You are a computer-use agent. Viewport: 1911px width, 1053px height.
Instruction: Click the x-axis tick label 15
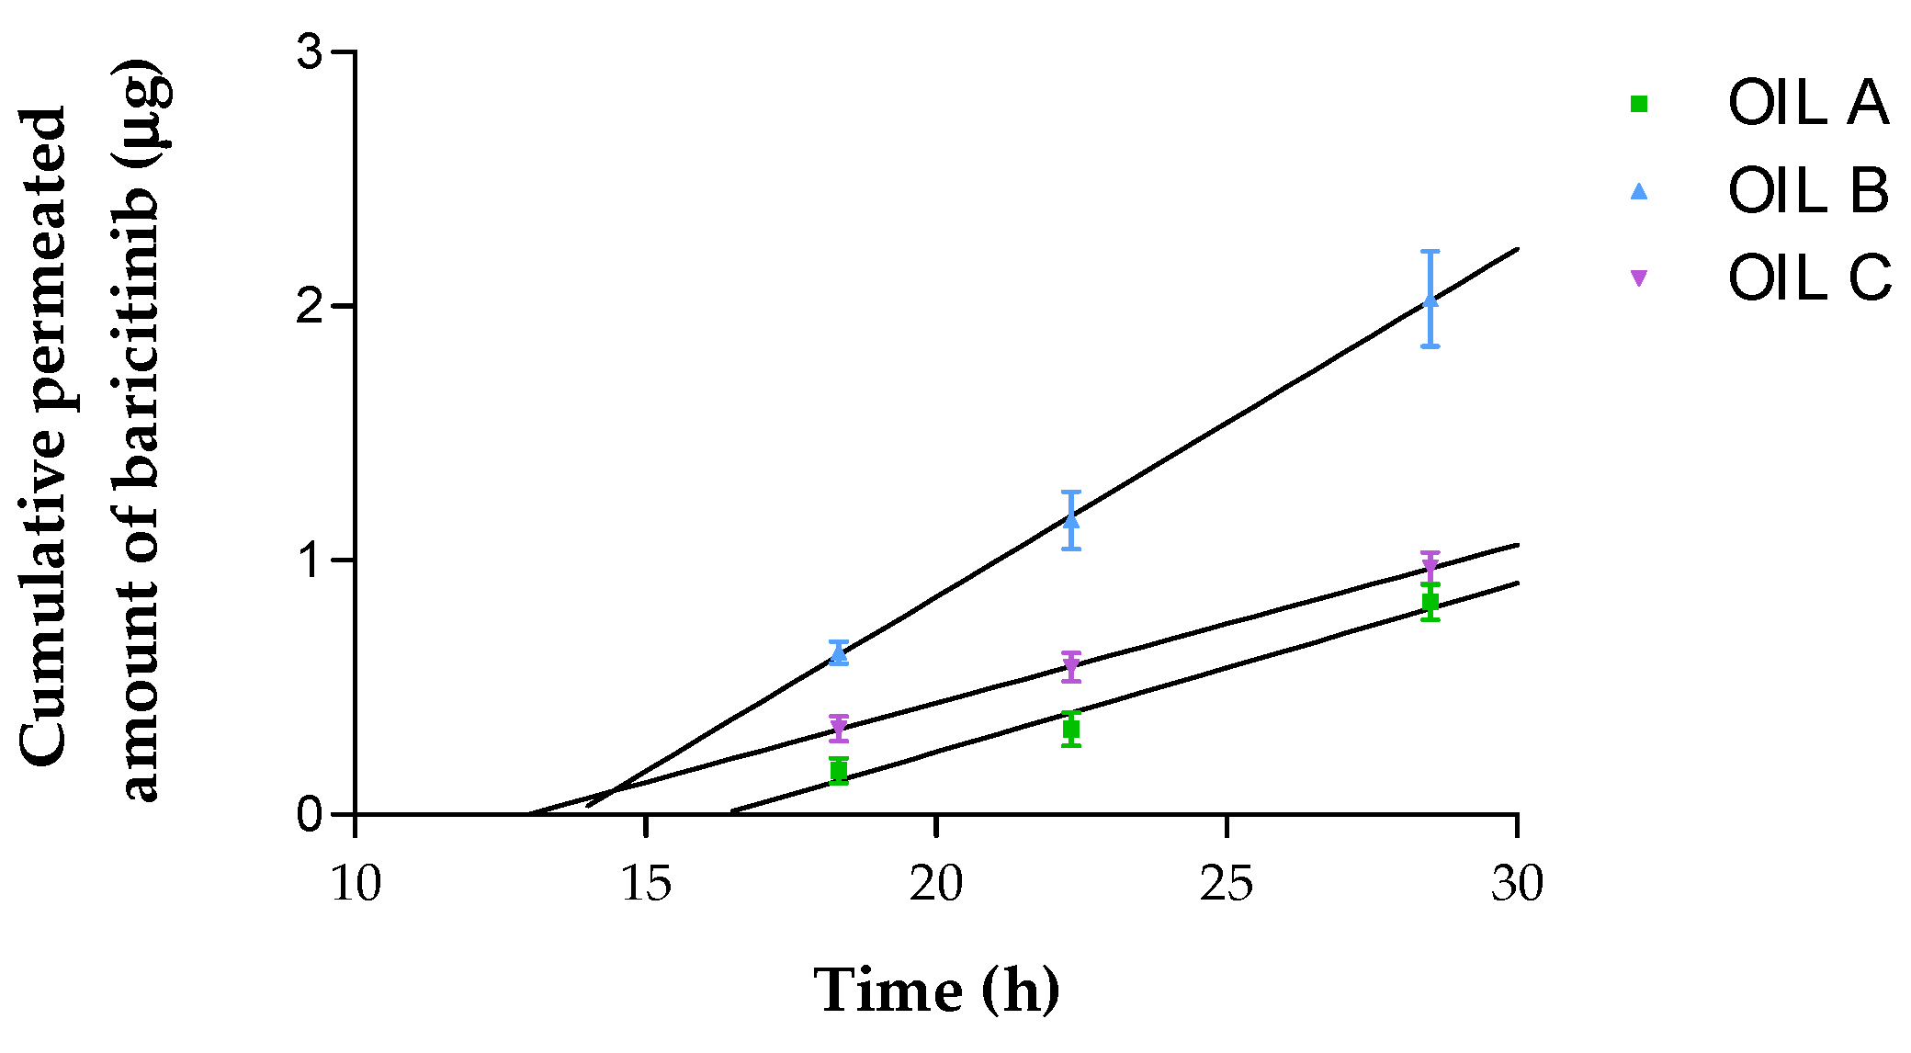646,884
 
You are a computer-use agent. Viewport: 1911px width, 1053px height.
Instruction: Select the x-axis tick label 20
936,884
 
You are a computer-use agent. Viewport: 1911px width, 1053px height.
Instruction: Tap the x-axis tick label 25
1227,884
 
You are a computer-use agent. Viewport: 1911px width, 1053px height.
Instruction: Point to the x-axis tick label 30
1517,884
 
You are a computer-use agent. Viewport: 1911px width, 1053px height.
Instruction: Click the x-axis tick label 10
356,884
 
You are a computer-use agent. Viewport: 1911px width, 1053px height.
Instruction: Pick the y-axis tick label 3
311,53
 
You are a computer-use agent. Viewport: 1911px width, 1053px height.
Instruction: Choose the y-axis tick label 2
311,307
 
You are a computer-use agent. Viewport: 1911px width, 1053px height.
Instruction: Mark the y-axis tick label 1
311,560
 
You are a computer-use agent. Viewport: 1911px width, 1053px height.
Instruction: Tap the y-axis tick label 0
311,815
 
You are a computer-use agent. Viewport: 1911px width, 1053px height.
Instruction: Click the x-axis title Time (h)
936,991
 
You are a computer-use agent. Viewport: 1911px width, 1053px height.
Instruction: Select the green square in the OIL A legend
1639,104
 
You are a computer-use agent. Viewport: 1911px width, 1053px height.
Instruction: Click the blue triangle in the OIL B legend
1639,191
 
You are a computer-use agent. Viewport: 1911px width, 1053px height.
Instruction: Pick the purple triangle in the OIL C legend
1639,277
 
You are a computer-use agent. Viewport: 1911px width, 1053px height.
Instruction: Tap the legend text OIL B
1808,191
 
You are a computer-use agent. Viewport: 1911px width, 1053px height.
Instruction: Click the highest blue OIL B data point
1430,300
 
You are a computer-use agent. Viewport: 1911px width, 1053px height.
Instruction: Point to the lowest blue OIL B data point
838,653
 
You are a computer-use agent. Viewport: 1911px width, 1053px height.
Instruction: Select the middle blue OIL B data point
1071,520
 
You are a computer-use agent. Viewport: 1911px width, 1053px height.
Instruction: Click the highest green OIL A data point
1430,602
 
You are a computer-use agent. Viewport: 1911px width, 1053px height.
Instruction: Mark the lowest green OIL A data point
838,772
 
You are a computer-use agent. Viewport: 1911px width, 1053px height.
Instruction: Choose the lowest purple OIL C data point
838,728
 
